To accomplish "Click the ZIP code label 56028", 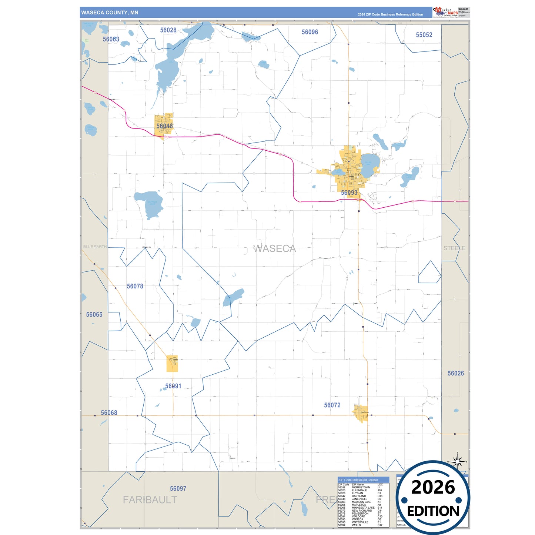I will pyautogui.click(x=168, y=30).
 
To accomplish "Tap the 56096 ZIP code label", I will pyautogui.click(x=310, y=32).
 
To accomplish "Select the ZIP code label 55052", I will pyautogui.click(x=424, y=35).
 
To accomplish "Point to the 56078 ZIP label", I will pyautogui.click(x=135, y=286).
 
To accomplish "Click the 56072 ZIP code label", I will pyautogui.click(x=332, y=405).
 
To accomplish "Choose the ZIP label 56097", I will pyautogui.click(x=178, y=489).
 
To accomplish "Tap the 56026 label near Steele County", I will pyautogui.click(x=455, y=374).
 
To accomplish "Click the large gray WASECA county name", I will pyautogui.click(x=275, y=249).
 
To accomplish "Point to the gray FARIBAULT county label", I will pyautogui.click(x=150, y=500).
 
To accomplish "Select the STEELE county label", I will pyautogui.click(x=454, y=248).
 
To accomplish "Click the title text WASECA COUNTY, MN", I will pyautogui.click(x=110, y=13).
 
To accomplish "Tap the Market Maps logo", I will pyautogui.click(x=445, y=12).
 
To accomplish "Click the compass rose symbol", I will pyautogui.click(x=458, y=462).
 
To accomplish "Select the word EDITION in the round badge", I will pyautogui.click(x=433, y=511).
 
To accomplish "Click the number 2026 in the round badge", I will pyautogui.click(x=433, y=488).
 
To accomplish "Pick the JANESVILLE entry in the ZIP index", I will pyautogui.click(x=360, y=499).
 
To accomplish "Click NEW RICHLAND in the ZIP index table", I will pyautogui.click(x=362, y=511).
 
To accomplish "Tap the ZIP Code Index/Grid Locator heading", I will pyautogui.click(x=358, y=480).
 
